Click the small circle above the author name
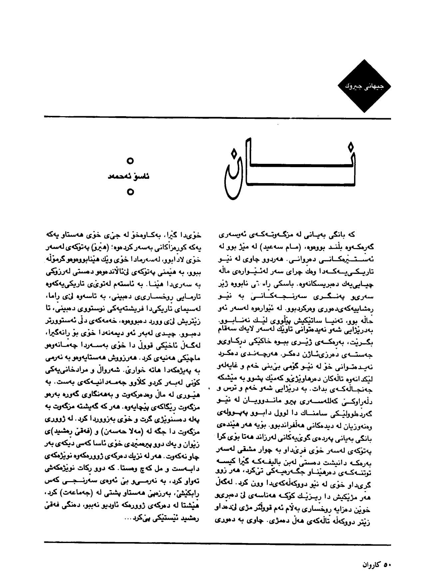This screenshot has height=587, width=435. click(x=131, y=161)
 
